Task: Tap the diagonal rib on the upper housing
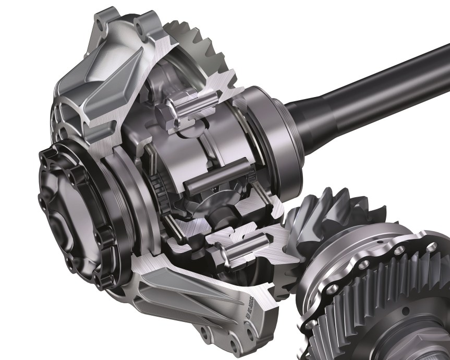[x=99, y=99]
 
